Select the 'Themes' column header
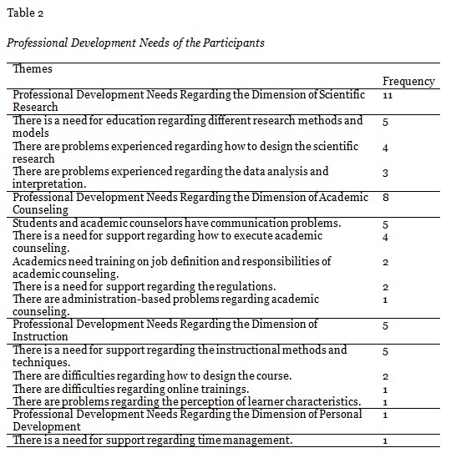click(x=33, y=69)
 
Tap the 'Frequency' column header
click(x=408, y=82)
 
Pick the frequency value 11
click(x=388, y=96)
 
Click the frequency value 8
click(x=386, y=198)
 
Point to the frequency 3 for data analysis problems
click(x=386, y=172)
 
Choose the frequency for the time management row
click(x=386, y=440)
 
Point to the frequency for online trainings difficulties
click(x=386, y=389)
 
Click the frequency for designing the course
click(x=386, y=376)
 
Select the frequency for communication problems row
click(x=386, y=224)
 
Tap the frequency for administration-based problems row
click(x=386, y=299)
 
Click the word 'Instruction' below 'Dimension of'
click(x=40, y=337)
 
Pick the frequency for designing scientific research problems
click(x=386, y=147)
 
